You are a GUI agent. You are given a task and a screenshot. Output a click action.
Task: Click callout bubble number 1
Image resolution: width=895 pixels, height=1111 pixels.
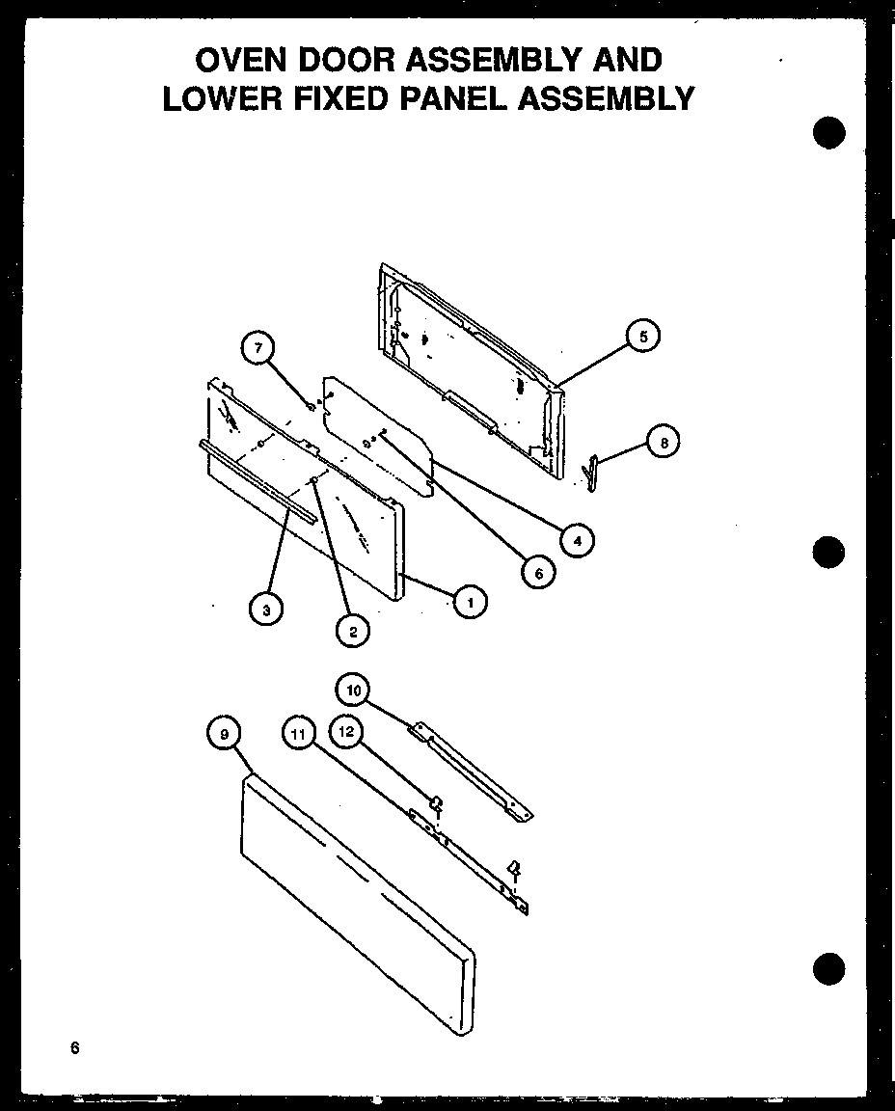pos(470,603)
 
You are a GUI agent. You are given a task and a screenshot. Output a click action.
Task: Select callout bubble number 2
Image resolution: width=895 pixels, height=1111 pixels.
pos(352,631)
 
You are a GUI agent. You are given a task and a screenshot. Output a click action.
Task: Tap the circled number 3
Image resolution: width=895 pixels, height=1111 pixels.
pos(264,609)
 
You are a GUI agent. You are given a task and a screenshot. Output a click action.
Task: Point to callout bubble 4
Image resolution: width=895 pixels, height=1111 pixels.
pos(577,541)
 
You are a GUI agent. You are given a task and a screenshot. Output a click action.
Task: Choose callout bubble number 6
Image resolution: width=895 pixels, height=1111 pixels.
pos(538,573)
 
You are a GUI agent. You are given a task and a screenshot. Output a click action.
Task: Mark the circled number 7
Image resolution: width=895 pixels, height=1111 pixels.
pos(258,349)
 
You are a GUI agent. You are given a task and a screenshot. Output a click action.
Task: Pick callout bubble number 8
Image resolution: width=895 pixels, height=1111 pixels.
pos(663,443)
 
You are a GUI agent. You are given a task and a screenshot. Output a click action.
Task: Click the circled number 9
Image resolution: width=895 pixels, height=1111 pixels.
pos(224,735)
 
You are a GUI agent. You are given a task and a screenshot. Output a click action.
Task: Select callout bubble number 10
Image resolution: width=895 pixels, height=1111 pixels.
pos(352,690)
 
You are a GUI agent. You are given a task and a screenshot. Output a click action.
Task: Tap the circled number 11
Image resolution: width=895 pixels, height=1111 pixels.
pos(299,735)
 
